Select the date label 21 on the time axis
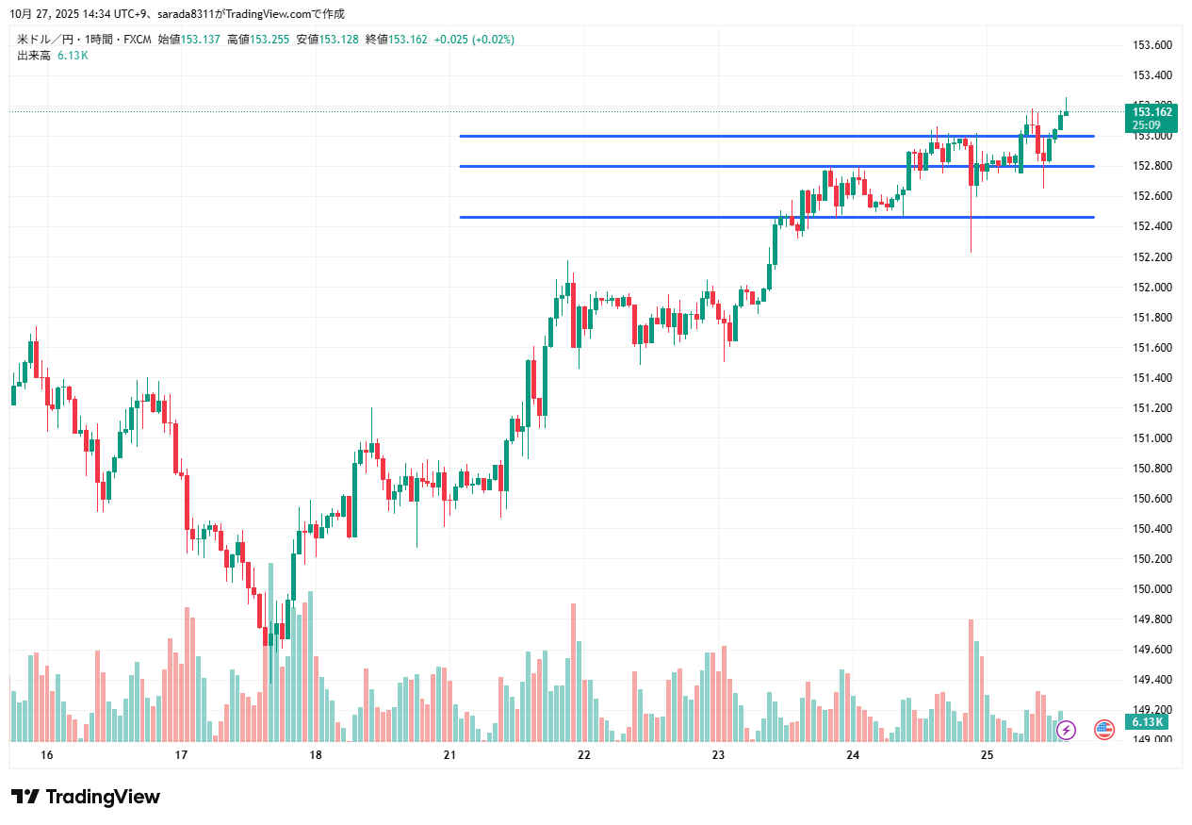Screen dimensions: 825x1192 tap(449, 755)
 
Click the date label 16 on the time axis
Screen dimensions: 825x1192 tap(47, 755)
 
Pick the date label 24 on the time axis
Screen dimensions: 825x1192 tap(853, 755)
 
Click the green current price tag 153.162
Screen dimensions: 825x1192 tap(1151, 112)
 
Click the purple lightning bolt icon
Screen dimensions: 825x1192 tap(1067, 729)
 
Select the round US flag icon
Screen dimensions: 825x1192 tap(1104, 729)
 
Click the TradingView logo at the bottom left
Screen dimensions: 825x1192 tap(86, 797)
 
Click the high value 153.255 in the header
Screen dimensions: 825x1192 tap(269, 40)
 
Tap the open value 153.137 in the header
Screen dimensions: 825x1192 tap(201, 40)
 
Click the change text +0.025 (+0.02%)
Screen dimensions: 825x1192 tap(474, 40)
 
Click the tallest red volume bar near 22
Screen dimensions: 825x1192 tap(573, 671)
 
